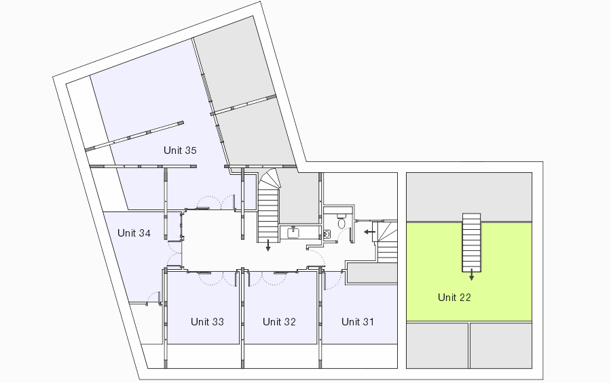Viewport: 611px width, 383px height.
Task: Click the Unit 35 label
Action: pos(180,150)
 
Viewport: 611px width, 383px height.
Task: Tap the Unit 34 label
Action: pos(134,233)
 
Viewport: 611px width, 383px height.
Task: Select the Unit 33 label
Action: pos(207,321)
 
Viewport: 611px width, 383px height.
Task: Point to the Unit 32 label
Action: pos(279,321)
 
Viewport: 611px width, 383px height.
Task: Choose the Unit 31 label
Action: pos(358,321)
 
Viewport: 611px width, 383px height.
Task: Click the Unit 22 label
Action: pos(454,298)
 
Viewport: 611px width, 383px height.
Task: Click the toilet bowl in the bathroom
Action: pos(341,224)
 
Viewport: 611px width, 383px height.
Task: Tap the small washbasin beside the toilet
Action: pos(327,235)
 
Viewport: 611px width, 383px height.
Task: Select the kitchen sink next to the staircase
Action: pos(293,233)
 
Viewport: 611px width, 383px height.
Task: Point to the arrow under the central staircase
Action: pos(268,245)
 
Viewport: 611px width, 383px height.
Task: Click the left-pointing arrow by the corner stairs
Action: pos(369,232)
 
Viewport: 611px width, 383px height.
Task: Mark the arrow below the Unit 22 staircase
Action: pos(472,275)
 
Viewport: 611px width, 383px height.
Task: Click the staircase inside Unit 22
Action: pos(472,243)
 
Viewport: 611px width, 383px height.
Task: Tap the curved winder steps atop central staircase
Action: pos(270,179)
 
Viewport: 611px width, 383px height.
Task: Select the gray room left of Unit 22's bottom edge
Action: pos(437,345)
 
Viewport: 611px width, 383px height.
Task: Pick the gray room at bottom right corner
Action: pos(501,345)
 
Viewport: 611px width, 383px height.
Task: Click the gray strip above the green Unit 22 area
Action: pos(469,197)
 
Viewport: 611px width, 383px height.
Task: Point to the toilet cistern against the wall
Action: pos(341,216)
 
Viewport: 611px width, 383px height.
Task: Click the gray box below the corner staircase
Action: pos(372,273)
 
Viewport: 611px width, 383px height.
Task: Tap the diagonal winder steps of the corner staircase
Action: pos(385,232)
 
